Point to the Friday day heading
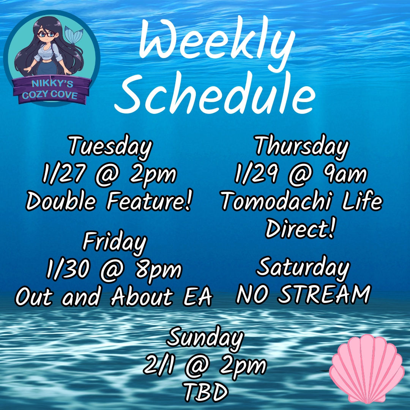coord(115,242)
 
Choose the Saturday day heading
coord(303,267)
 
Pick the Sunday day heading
coord(205,337)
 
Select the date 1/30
coord(68,270)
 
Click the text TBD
coord(205,392)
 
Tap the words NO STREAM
coord(303,294)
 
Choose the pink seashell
coord(367,369)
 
